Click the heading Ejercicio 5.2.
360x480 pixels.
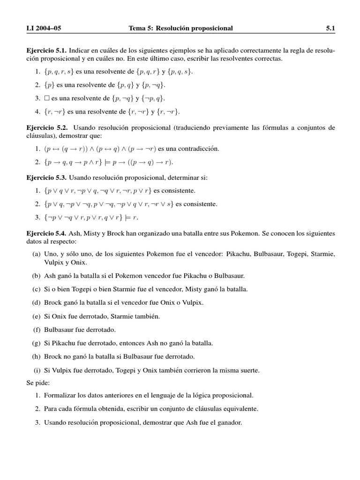[x=47, y=127]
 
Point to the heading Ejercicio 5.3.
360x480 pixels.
[x=47, y=178]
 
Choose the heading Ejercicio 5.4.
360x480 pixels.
[x=47, y=233]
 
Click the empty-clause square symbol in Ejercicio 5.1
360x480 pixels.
[x=46, y=98]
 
